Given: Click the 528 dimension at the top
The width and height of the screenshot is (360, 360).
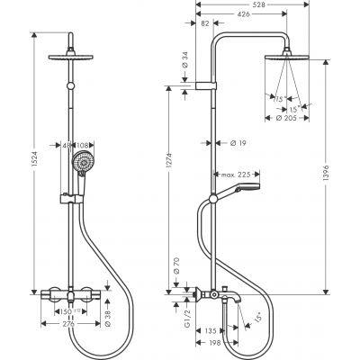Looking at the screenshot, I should point(260,5).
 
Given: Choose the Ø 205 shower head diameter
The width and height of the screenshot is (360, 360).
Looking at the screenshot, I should point(289,118).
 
